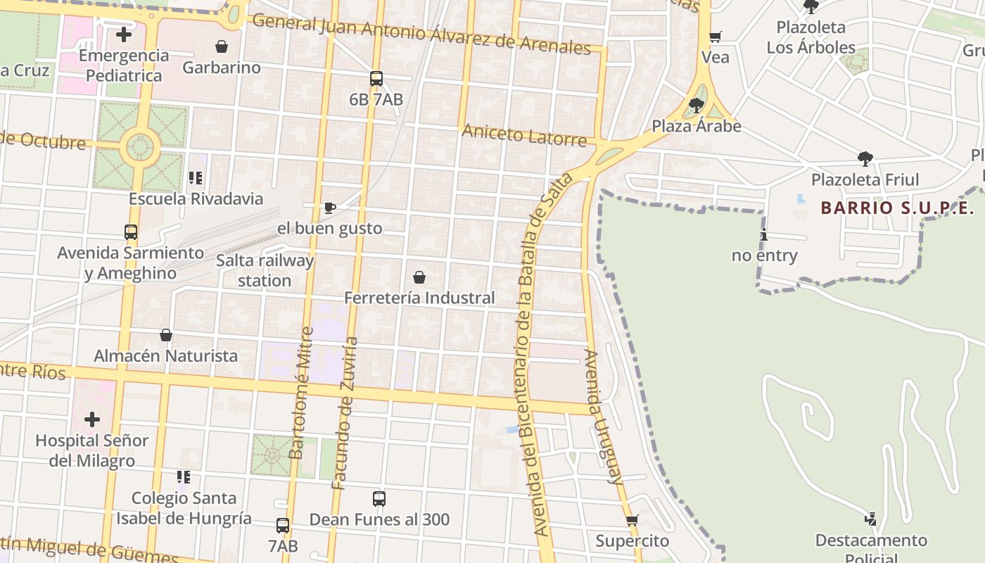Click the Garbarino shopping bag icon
tap(222, 47)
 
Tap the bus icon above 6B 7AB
tap(376, 79)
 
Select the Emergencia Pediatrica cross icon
tap(124, 34)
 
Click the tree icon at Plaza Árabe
tap(697, 106)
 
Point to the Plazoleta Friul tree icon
tap(865, 159)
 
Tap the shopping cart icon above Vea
tap(716, 37)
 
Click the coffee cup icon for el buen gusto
tap(329, 208)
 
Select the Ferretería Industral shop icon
tap(419, 277)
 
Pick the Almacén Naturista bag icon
tap(166, 335)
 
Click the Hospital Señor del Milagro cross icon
tap(92, 420)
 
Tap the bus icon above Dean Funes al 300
tap(379, 499)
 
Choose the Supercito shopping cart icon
tap(632, 521)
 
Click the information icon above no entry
tap(764, 235)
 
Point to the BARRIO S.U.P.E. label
tap(897, 208)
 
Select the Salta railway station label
tap(265, 270)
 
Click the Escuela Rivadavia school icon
tap(195, 178)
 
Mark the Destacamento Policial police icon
tap(871, 519)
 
